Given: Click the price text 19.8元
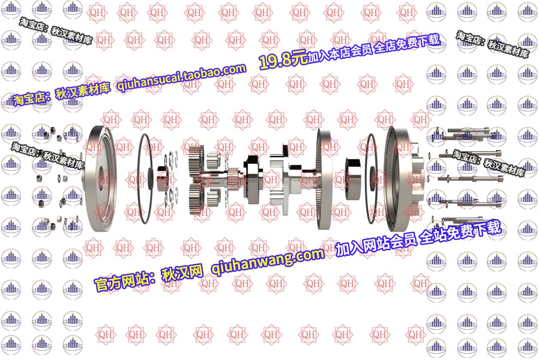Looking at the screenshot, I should click(x=283, y=61).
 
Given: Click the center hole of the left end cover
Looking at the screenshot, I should click(x=99, y=178).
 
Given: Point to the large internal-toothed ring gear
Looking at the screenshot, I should click(x=324, y=178).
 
